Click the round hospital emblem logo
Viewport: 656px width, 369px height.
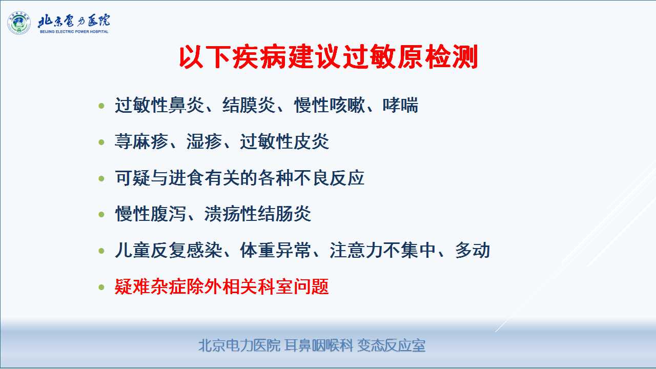19,23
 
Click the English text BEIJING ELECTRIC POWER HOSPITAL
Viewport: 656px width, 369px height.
74,32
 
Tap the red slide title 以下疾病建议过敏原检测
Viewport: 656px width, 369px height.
329,57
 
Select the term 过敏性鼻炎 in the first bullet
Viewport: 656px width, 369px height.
159,105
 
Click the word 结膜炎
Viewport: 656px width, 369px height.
249,105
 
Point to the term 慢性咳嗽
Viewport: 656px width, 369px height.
330,105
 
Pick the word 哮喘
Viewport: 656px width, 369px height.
400,105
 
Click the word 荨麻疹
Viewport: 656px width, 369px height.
141,142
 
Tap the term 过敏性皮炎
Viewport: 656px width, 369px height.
284,142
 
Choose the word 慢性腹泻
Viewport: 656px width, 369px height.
151,214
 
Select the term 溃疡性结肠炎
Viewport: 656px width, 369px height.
257,214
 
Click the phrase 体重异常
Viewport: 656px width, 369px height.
275,250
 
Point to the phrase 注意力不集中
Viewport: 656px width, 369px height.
383,250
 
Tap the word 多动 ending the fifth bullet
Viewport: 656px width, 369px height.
473,250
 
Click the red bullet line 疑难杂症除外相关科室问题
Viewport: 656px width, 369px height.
222,286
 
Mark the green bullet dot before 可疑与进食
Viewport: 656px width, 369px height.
101,178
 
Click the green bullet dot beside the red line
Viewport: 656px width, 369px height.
101,287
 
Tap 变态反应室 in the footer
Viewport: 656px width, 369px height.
391,345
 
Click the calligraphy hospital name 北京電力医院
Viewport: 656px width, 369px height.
74,21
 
